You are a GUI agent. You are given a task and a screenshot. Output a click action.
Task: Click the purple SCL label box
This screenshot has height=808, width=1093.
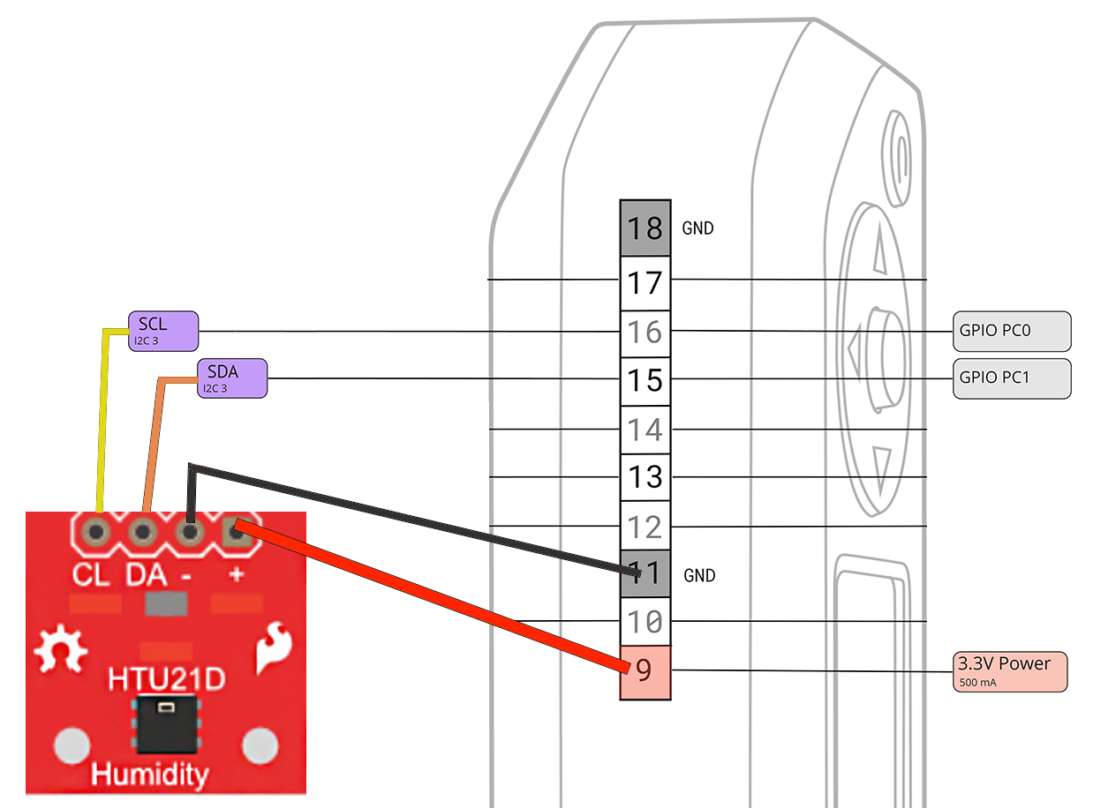[163, 331]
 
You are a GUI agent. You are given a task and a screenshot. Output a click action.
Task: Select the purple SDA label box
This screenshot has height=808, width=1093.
[231, 378]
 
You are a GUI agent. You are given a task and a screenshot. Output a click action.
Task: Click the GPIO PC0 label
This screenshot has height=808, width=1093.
[1012, 331]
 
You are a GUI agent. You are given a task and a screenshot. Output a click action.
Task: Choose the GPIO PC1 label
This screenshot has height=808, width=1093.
[1012, 378]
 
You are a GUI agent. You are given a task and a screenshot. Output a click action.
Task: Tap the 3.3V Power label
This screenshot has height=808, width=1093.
[1011, 671]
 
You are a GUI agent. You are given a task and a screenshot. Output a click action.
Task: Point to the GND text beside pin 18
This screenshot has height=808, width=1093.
[697, 228]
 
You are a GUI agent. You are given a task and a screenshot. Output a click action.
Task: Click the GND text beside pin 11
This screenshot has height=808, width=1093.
[699, 576]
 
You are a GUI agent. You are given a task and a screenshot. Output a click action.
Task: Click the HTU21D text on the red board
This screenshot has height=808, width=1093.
[166, 680]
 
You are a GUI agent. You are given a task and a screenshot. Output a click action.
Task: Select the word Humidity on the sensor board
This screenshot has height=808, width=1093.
[150, 774]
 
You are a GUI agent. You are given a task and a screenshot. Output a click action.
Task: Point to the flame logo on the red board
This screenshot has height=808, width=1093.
[273, 649]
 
